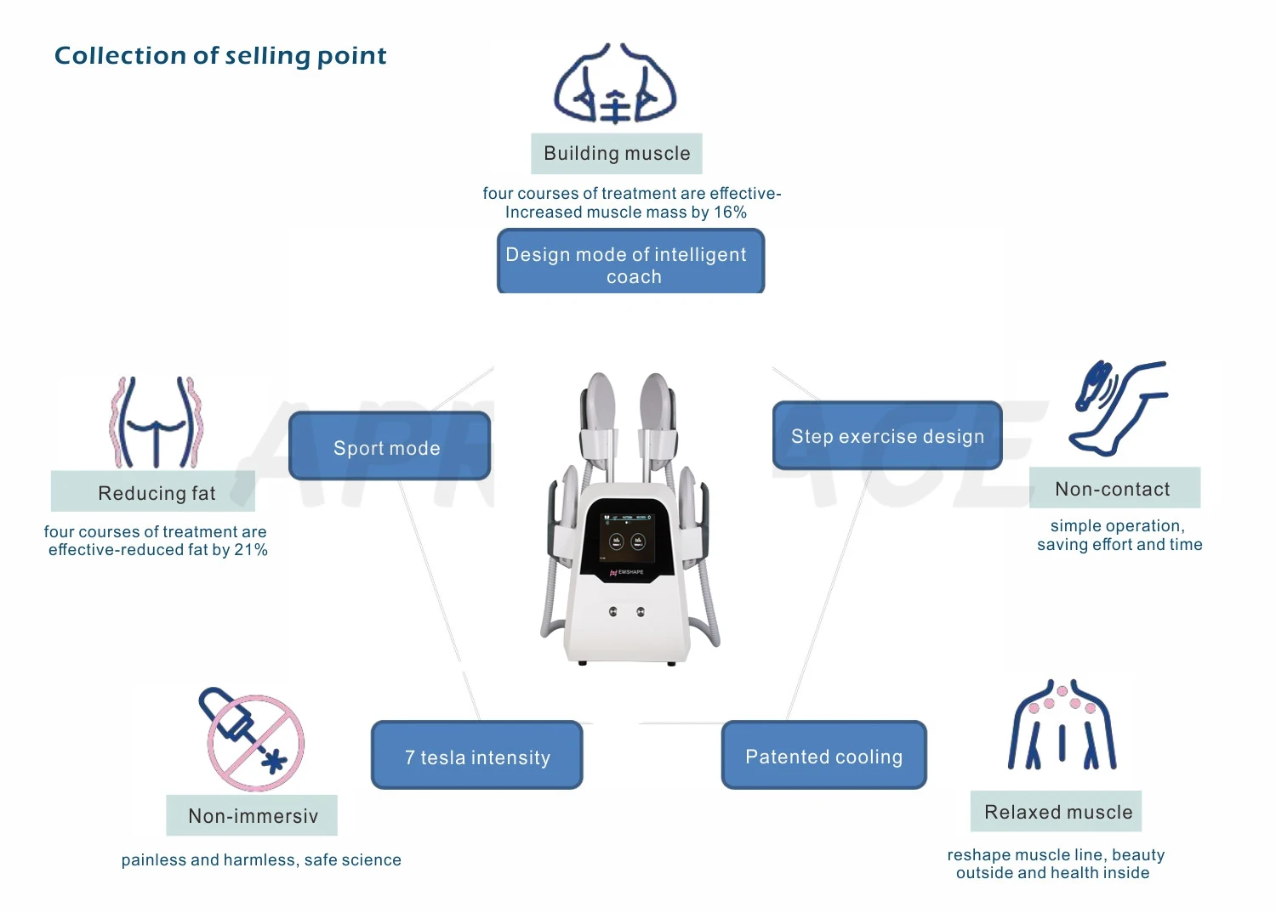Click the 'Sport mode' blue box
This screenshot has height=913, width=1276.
click(x=389, y=447)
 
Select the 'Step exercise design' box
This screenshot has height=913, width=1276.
click(x=887, y=436)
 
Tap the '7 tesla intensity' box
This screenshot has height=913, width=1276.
click(x=477, y=757)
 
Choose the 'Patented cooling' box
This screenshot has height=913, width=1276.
click(x=823, y=756)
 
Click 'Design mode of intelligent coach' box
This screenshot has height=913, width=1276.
click(x=630, y=263)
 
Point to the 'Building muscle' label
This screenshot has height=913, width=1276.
click(x=617, y=154)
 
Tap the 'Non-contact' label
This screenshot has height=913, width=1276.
click(x=1114, y=489)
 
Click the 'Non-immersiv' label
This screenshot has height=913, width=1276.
click(x=252, y=816)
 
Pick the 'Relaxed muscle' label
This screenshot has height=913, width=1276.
click(x=1057, y=812)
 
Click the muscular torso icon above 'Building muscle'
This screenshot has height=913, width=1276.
click(x=615, y=85)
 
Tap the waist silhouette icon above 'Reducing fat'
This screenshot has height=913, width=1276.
click(x=157, y=422)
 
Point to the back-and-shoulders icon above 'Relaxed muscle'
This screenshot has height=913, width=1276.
click(x=1062, y=725)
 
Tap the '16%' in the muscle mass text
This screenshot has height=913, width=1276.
click(x=730, y=213)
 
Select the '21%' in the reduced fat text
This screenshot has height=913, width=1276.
click(x=251, y=550)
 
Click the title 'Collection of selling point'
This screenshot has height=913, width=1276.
click(x=220, y=56)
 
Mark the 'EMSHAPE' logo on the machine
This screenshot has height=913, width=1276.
click(x=629, y=573)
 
